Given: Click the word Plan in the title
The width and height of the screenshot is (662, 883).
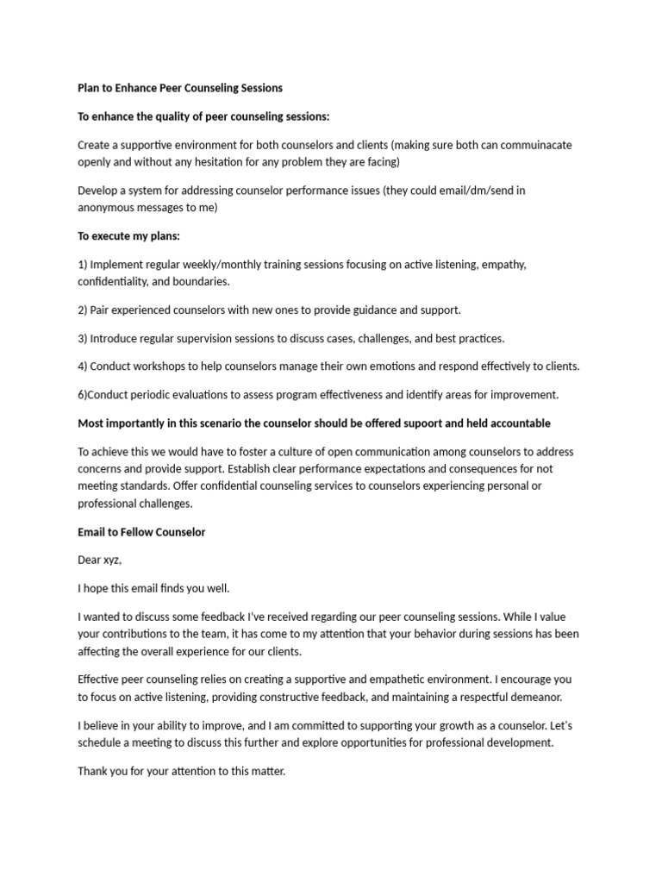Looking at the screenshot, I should [90, 88].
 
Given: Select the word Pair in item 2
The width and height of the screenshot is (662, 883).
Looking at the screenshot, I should [101, 310].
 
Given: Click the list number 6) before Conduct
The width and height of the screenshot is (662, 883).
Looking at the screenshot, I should [83, 395].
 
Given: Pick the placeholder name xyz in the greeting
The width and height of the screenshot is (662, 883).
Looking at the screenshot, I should [111, 560].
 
